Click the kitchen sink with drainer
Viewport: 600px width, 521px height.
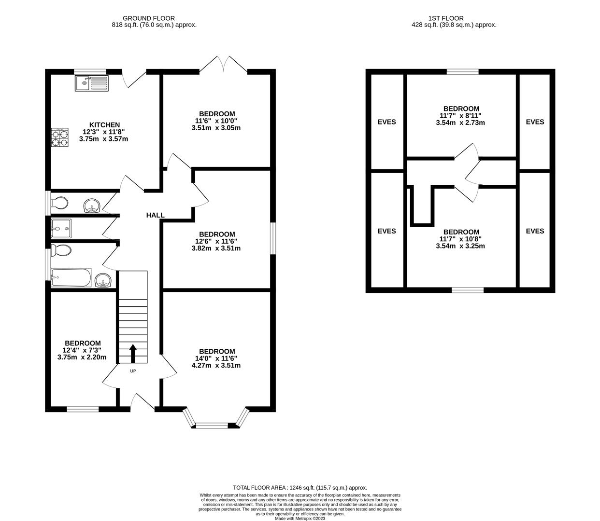coord(91,83)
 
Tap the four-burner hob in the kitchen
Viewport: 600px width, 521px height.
coord(59,137)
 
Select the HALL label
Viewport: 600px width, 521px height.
coord(155,215)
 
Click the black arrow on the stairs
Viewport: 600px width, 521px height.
coord(133,354)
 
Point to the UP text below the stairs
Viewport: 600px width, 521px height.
coord(133,371)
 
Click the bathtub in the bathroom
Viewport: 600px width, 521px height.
coord(71,277)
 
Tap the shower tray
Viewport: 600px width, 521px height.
coord(61,229)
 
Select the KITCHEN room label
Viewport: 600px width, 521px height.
coord(104,125)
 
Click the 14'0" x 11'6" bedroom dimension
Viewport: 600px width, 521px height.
coord(216,358)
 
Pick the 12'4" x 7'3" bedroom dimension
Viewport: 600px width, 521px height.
coord(82,350)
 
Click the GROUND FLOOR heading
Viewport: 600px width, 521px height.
coord(149,18)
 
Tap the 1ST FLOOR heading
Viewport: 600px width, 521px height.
coord(445,18)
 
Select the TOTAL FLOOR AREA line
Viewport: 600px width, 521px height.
coord(300,488)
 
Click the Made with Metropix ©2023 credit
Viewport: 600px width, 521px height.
coord(300,519)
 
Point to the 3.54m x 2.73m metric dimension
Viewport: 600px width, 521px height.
coord(460,123)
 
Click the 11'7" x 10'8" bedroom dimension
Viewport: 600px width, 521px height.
coord(460,239)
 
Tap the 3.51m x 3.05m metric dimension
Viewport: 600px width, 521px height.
coord(216,128)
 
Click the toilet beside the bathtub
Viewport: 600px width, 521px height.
coord(61,250)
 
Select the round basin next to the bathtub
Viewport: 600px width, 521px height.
coord(103,280)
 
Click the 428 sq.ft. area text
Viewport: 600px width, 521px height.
coord(454,25)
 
